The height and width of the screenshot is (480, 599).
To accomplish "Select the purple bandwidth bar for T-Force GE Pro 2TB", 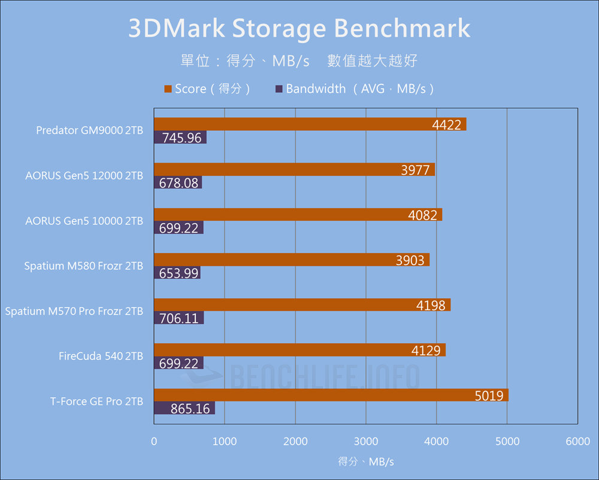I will [184, 409].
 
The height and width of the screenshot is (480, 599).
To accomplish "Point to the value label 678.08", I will [179, 183].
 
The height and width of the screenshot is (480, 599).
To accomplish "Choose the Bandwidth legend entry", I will [353, 89].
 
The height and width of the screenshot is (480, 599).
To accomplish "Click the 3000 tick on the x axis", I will [366, 442].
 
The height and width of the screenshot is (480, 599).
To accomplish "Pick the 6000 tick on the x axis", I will [577, 442].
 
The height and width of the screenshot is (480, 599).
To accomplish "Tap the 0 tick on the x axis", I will [155, 442].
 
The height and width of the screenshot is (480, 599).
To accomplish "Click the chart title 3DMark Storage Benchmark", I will [299, 29].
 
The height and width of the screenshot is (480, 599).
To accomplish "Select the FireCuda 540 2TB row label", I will [101, 356].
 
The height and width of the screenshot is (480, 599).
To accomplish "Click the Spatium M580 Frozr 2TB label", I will [83, 266].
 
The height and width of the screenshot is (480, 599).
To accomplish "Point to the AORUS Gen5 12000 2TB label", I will [84, 176].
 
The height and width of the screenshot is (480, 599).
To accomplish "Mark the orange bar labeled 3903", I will [292, 260].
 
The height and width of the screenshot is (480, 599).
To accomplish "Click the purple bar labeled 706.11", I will [179, 318].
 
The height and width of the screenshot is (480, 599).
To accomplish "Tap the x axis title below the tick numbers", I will [366, 461].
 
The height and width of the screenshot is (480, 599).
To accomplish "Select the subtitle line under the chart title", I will [299, 61].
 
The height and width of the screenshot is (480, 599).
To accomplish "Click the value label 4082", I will [422, 215].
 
